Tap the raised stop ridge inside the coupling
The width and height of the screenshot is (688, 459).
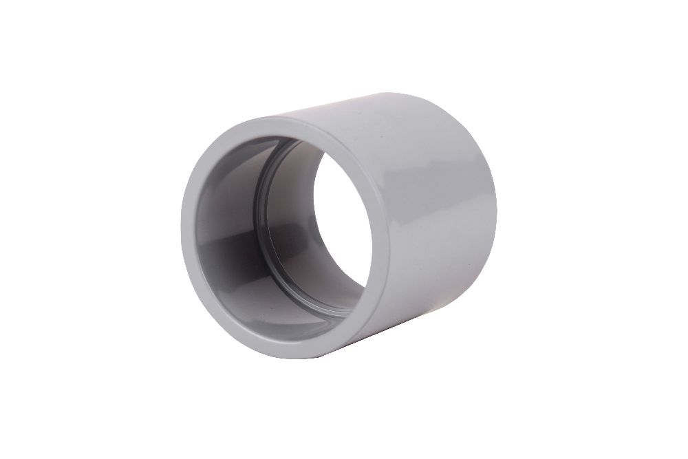point(259,206)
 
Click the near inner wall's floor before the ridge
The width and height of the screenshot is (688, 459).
point(241,296)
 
